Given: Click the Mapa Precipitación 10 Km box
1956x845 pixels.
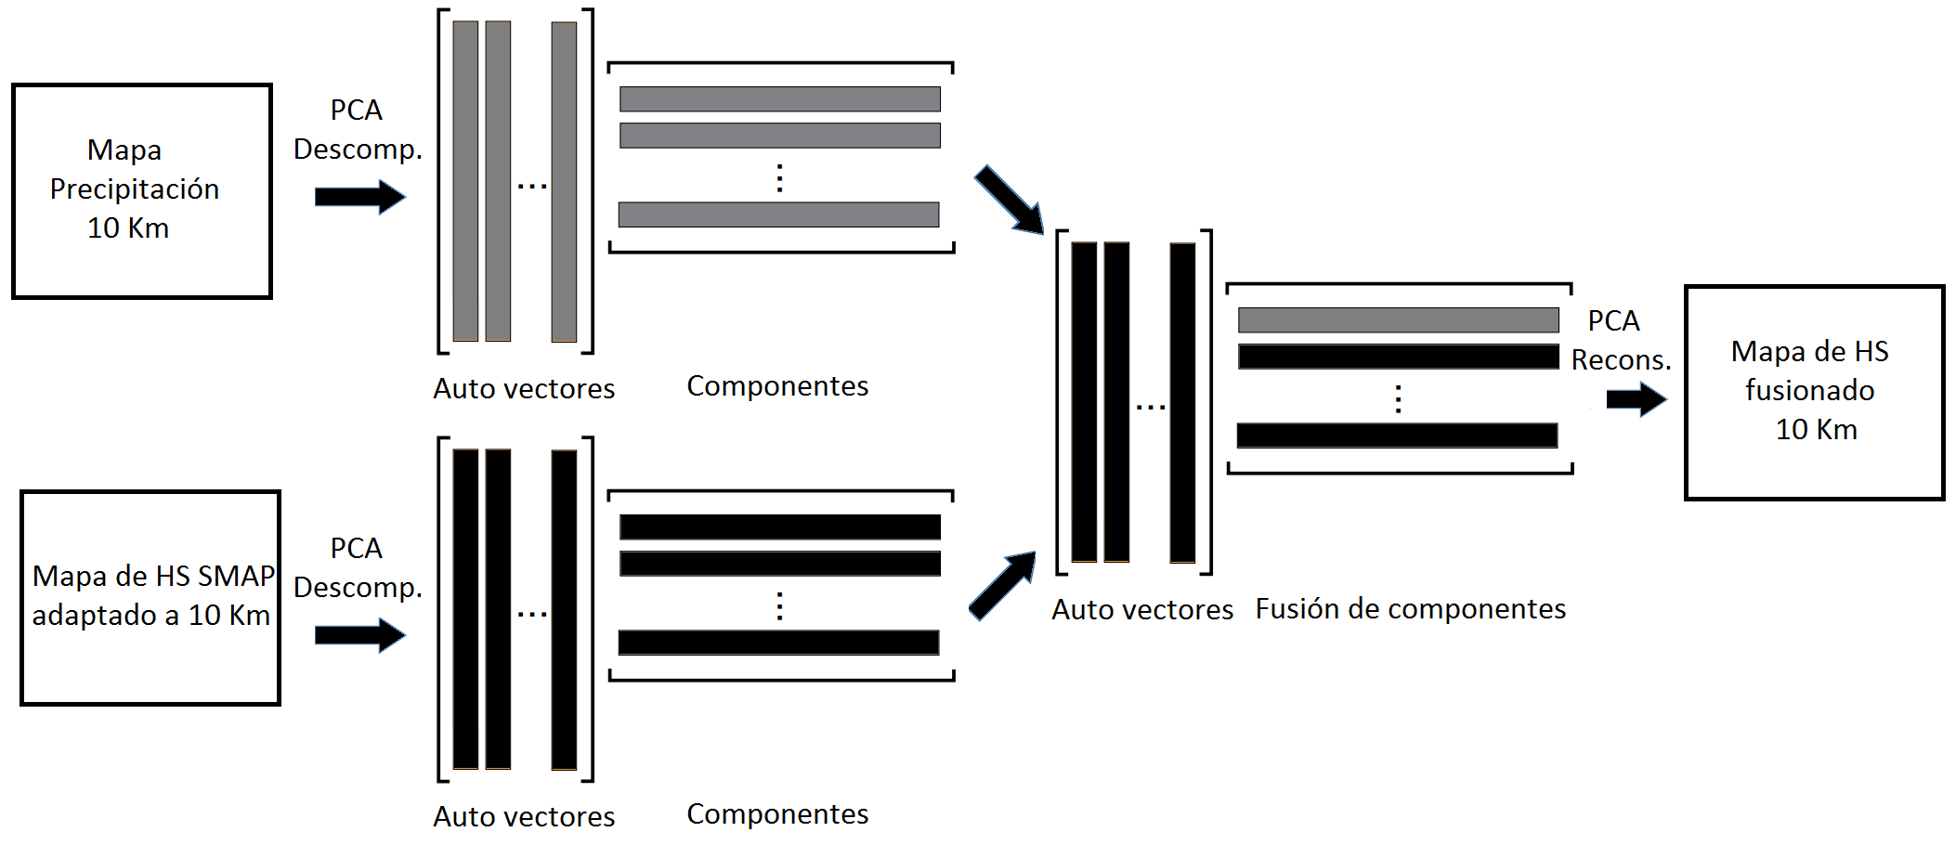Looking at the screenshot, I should click(x=141, y=190).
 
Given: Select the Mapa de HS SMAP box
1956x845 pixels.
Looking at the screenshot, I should click(x=150, y=597).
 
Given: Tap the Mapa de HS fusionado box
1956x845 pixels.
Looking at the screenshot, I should click(x=1813, y=392).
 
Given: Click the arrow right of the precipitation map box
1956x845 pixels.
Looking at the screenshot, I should click(x=359, y=197).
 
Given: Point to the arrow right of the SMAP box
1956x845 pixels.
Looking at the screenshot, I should click(x=359, y=635).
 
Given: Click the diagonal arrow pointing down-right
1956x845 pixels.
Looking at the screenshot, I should click(x=1010, y=200).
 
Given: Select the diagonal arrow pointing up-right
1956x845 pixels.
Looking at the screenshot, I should click(x=1002, y=585).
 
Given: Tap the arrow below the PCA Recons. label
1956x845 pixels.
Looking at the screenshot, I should click(x=1636, y=399).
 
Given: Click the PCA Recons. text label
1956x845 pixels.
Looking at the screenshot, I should click(x=1620, y=340).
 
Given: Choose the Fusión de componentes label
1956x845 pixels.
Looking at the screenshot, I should click(x=1410, y=609).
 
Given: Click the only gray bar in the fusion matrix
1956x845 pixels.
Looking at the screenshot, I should click(x=1398, y=320).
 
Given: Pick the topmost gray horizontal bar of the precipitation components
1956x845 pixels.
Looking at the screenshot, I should click(x=779, y=98).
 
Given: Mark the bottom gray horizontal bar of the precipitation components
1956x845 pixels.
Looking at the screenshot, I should click(x=778, y=214).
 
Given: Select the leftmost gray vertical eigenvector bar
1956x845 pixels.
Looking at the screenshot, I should click(x=465, y=181).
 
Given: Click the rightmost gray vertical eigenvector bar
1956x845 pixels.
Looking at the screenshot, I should click(x=564, y=181).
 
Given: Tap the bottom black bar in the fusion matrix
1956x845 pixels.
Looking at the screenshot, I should click(x=1397, y=435).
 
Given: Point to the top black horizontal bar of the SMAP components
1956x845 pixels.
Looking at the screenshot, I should click(x=779, y=526).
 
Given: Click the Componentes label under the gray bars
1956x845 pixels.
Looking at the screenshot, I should click(x=777, y=386).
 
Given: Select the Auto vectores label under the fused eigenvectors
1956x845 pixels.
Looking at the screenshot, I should click(x=1142, y=610).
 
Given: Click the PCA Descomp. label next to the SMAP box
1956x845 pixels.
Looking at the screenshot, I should click(x=358, y=567).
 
